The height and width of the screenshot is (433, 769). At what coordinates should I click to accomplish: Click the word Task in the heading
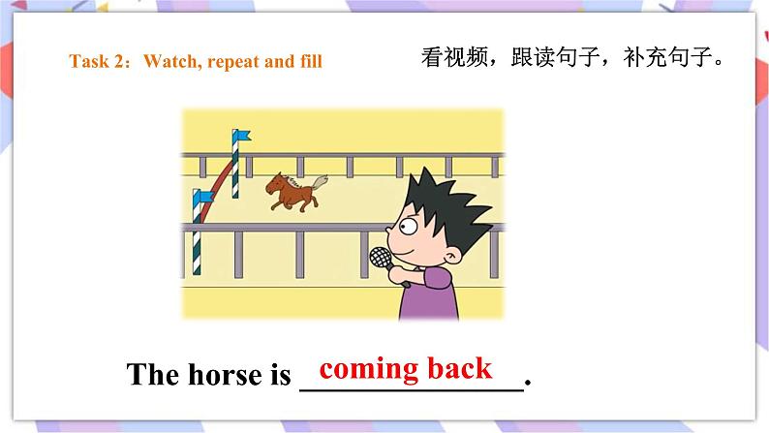(x=86, y=62)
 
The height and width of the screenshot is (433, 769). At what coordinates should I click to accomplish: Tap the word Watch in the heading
(x=169, y=62)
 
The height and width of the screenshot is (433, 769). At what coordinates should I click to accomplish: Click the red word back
(x=460, y=369)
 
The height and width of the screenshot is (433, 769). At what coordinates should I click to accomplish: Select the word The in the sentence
(x=151, y=376)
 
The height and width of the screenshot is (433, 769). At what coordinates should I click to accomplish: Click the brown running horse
(x=293, y=189)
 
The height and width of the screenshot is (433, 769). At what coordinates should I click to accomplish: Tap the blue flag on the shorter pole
(x=204, y=198)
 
